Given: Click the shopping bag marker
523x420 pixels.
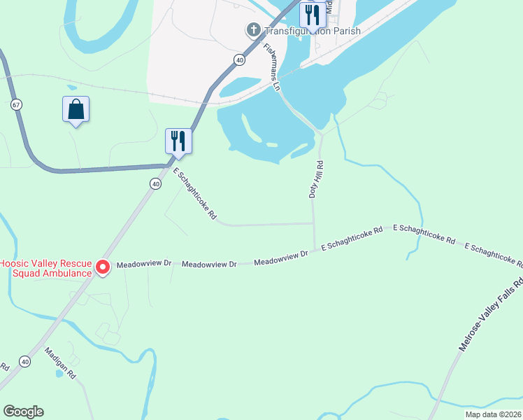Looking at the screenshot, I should [76, 110].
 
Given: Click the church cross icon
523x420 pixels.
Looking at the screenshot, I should [253, 30].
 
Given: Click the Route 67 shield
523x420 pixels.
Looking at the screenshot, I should [16, 104].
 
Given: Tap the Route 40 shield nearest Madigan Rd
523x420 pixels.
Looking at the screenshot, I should [25, 361].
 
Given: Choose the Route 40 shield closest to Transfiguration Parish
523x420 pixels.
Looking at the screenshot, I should [240, 60].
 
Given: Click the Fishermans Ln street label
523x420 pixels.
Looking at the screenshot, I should [271, 67].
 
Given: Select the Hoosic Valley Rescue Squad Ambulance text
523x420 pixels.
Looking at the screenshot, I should [45, 268].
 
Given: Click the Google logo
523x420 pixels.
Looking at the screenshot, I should [23, 412].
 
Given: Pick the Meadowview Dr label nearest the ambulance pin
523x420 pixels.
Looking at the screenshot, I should [144, 265].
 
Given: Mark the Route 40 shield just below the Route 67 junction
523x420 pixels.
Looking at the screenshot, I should [155, 183].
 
